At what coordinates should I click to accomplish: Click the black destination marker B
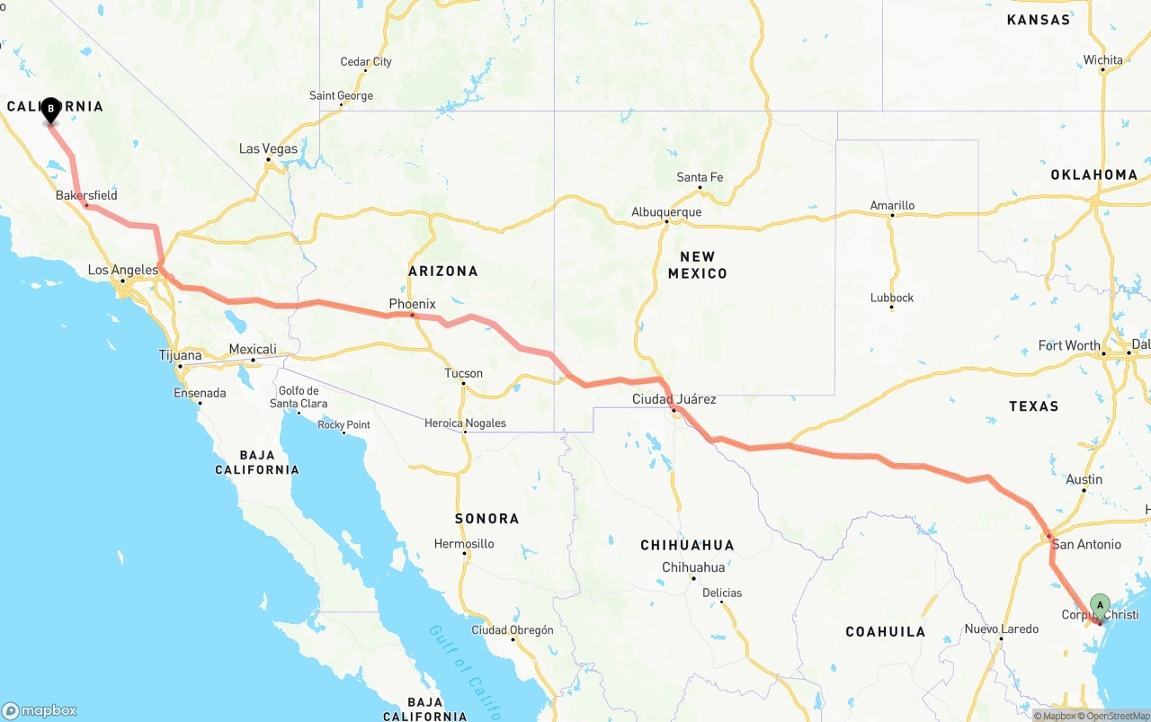(x=51, y=110)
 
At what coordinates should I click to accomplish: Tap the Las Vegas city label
(x=268, y=149)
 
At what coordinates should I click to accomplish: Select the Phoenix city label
(x=412, y=304)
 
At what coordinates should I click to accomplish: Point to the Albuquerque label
(x=666, y=212)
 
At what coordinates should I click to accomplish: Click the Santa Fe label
(x=700, y=177)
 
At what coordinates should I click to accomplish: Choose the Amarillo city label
(x=892, y=205)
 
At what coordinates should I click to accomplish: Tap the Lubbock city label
(x=892, y=298)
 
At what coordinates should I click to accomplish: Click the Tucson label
(x=463, y=373)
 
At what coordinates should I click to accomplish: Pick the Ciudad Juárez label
(x=674, y=399)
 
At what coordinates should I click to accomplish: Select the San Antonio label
(x=1086, y=544)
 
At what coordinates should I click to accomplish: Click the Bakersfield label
(x=86, y=195)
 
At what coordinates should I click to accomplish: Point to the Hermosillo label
(x=464, y=544)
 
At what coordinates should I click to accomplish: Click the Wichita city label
(x=1102, y=60)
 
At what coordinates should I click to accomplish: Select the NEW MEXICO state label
(x=697, y=265)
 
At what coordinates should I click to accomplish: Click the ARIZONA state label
(x=442, y=271)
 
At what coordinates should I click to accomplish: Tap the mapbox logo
(x=40, y=710)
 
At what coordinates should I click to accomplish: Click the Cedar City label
(x=366, y=62)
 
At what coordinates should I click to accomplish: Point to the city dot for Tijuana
(x=180, y=366)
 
